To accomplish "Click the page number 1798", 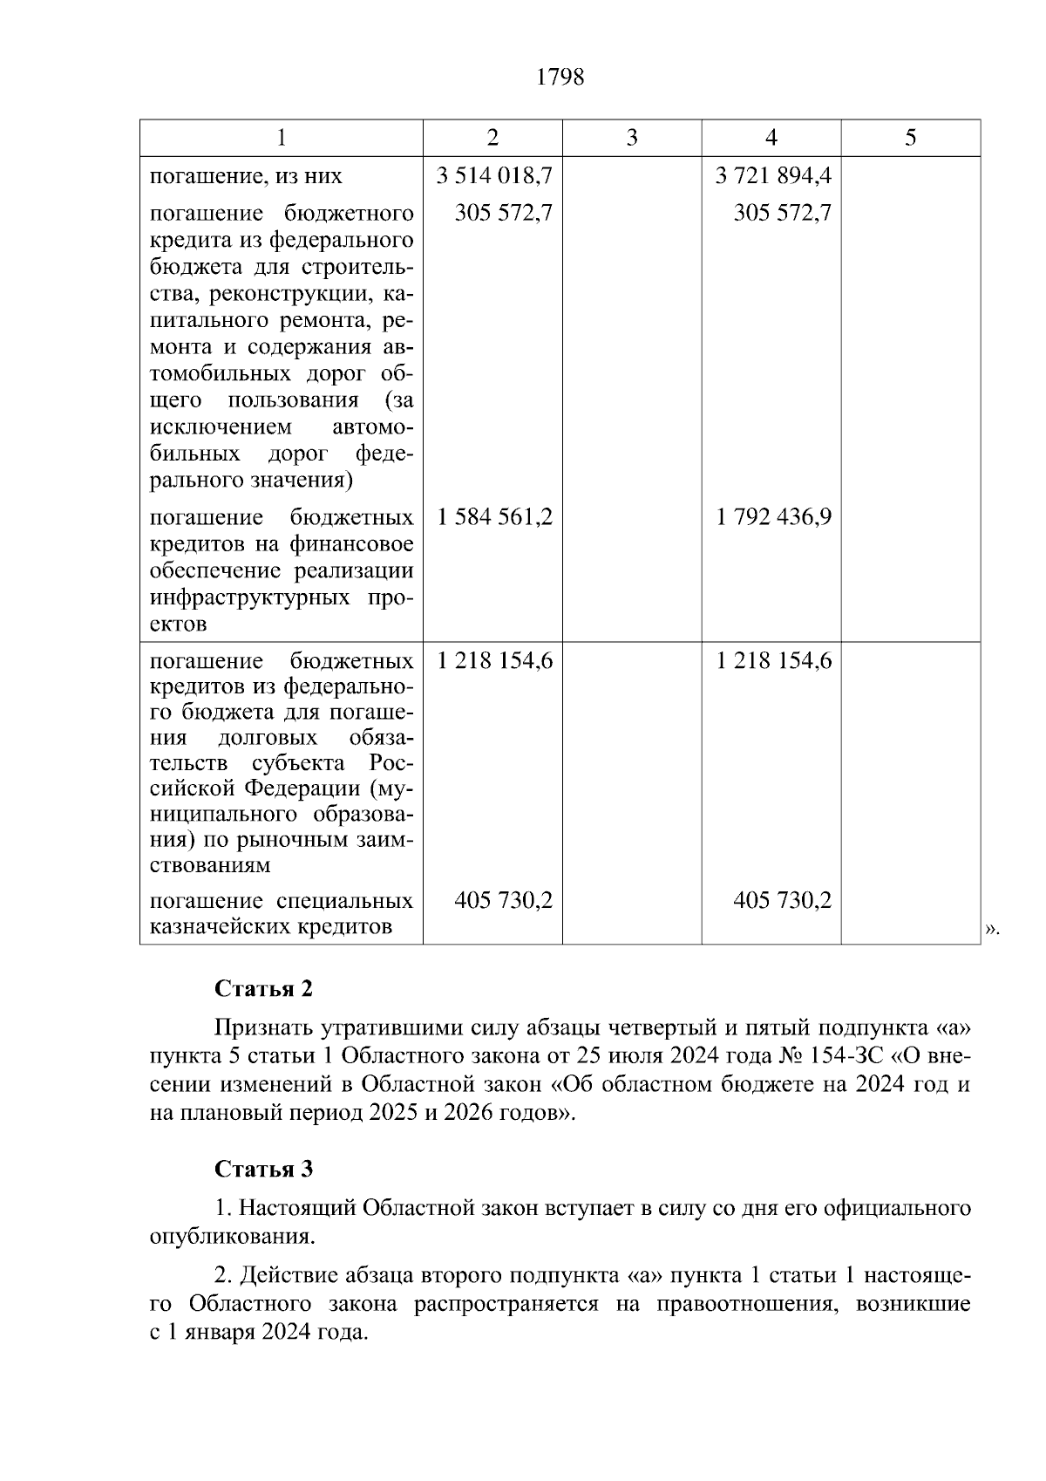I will tap(560, 78).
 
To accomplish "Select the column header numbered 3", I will tap(632, 138).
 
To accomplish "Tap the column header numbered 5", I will tap(911, 138).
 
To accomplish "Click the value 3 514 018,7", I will tap(494, 176).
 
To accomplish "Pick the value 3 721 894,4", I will tap(773, 176).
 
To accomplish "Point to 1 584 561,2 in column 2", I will tap(494, 517).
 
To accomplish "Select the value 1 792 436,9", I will tap(773, 517).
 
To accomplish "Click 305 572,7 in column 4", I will tap(782, 213).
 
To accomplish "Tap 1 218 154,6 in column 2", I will tap(494, 660).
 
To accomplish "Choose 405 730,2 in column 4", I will tap(782, 900).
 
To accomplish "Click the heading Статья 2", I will tap(263, 989).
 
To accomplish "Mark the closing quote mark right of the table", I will tap(991, 930).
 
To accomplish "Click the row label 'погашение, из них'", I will tap(246, 176).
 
